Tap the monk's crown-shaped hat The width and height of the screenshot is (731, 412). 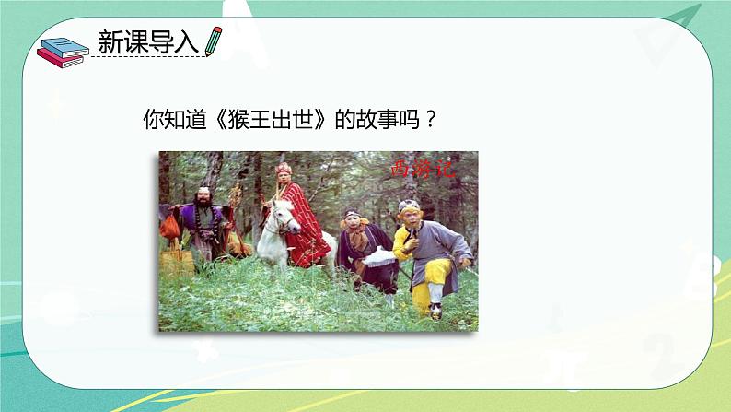(x=284, y=169)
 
